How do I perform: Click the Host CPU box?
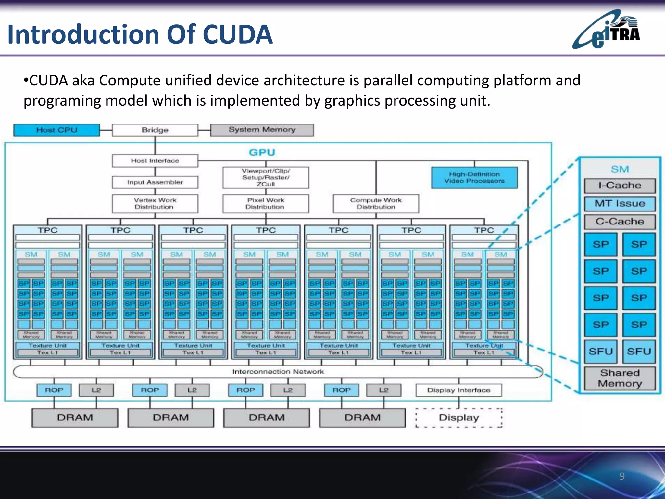[56, 130]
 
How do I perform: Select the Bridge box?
[155, 130]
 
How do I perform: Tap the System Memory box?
[262, 130]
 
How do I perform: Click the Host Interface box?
[155, 160]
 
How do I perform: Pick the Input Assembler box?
[155, 182]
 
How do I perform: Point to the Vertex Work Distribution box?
[155, 204]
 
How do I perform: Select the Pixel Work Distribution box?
[265, 204]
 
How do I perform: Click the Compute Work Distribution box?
[376, 204]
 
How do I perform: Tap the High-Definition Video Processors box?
[474, 178]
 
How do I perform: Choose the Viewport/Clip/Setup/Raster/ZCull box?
[265, 178]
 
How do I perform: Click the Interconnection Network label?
[278, 372]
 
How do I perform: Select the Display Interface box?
[458, 390]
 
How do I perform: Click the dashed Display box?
[458, 418]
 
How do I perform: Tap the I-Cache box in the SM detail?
[620, 186]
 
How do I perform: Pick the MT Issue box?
[620, 204]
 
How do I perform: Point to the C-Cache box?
[620, 222]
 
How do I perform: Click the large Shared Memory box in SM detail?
[620, 378]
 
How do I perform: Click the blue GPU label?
[262, 152]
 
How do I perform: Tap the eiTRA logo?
[607, 30]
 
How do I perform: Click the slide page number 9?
[622, 476]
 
